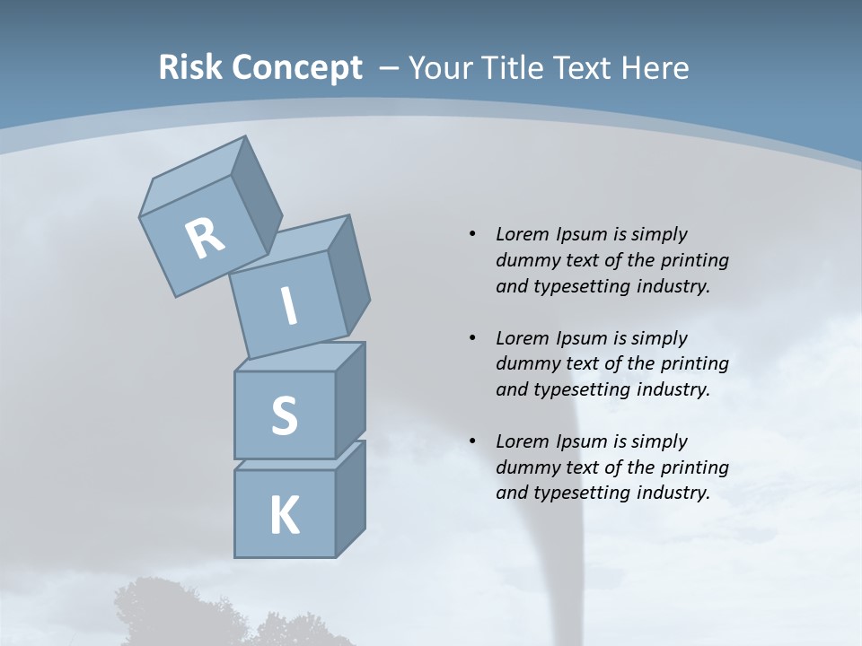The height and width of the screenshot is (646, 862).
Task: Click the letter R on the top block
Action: pos(205,239)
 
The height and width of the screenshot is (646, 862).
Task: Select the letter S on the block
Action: pos(284,415)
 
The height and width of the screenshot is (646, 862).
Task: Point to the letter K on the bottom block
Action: pos(284,516)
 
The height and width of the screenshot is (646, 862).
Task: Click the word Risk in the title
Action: pos(190,67)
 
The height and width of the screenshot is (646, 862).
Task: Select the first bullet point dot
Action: pos(472,234)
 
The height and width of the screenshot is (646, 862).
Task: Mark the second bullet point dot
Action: pos(472,338)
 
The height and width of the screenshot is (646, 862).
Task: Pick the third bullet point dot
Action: pos(472,441)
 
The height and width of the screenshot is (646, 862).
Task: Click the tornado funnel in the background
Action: pos(582,484)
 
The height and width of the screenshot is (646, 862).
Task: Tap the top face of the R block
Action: pos(193,176)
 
